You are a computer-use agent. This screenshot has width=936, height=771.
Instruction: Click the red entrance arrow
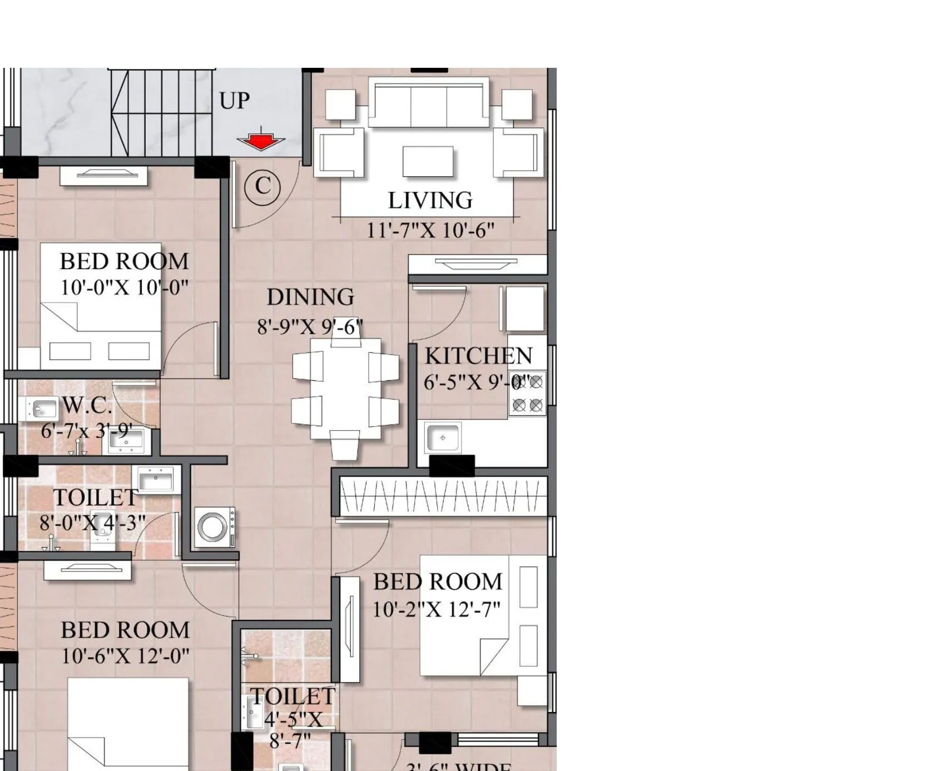tap(260, 141)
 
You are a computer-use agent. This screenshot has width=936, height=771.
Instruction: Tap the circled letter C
tap(263, 186)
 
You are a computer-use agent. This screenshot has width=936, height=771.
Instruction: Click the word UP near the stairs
tap(234, 101)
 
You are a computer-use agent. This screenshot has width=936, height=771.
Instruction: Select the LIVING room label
tap(430, 201)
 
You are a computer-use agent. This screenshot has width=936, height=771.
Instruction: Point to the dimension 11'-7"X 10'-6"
tap(430, 230)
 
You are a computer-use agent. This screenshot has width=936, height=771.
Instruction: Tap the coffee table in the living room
tap(428, 161)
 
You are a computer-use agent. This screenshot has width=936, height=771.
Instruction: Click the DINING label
tap(310, 297)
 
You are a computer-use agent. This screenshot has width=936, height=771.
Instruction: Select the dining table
tap(345, 389)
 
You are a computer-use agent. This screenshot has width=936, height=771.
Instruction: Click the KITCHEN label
tap(478, 356)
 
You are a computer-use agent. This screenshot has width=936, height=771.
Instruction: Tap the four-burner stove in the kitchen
tap(527, 394)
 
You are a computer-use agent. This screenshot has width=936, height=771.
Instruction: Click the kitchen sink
tap(443, 437)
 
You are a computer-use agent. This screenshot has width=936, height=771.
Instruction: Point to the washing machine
tap(214, 527)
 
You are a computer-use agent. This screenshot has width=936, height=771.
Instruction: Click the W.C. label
tap(87, 405)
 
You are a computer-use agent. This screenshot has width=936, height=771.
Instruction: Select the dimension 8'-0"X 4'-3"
tap(92, 523)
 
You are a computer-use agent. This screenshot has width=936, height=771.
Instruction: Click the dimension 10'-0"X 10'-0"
tap(124, 288)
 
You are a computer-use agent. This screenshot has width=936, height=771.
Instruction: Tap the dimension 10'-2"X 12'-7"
tap(436, 610)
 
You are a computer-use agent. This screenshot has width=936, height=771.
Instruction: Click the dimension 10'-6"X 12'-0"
tap(125, 656)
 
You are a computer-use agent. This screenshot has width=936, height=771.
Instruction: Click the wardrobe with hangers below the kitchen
tap(443, 496)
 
